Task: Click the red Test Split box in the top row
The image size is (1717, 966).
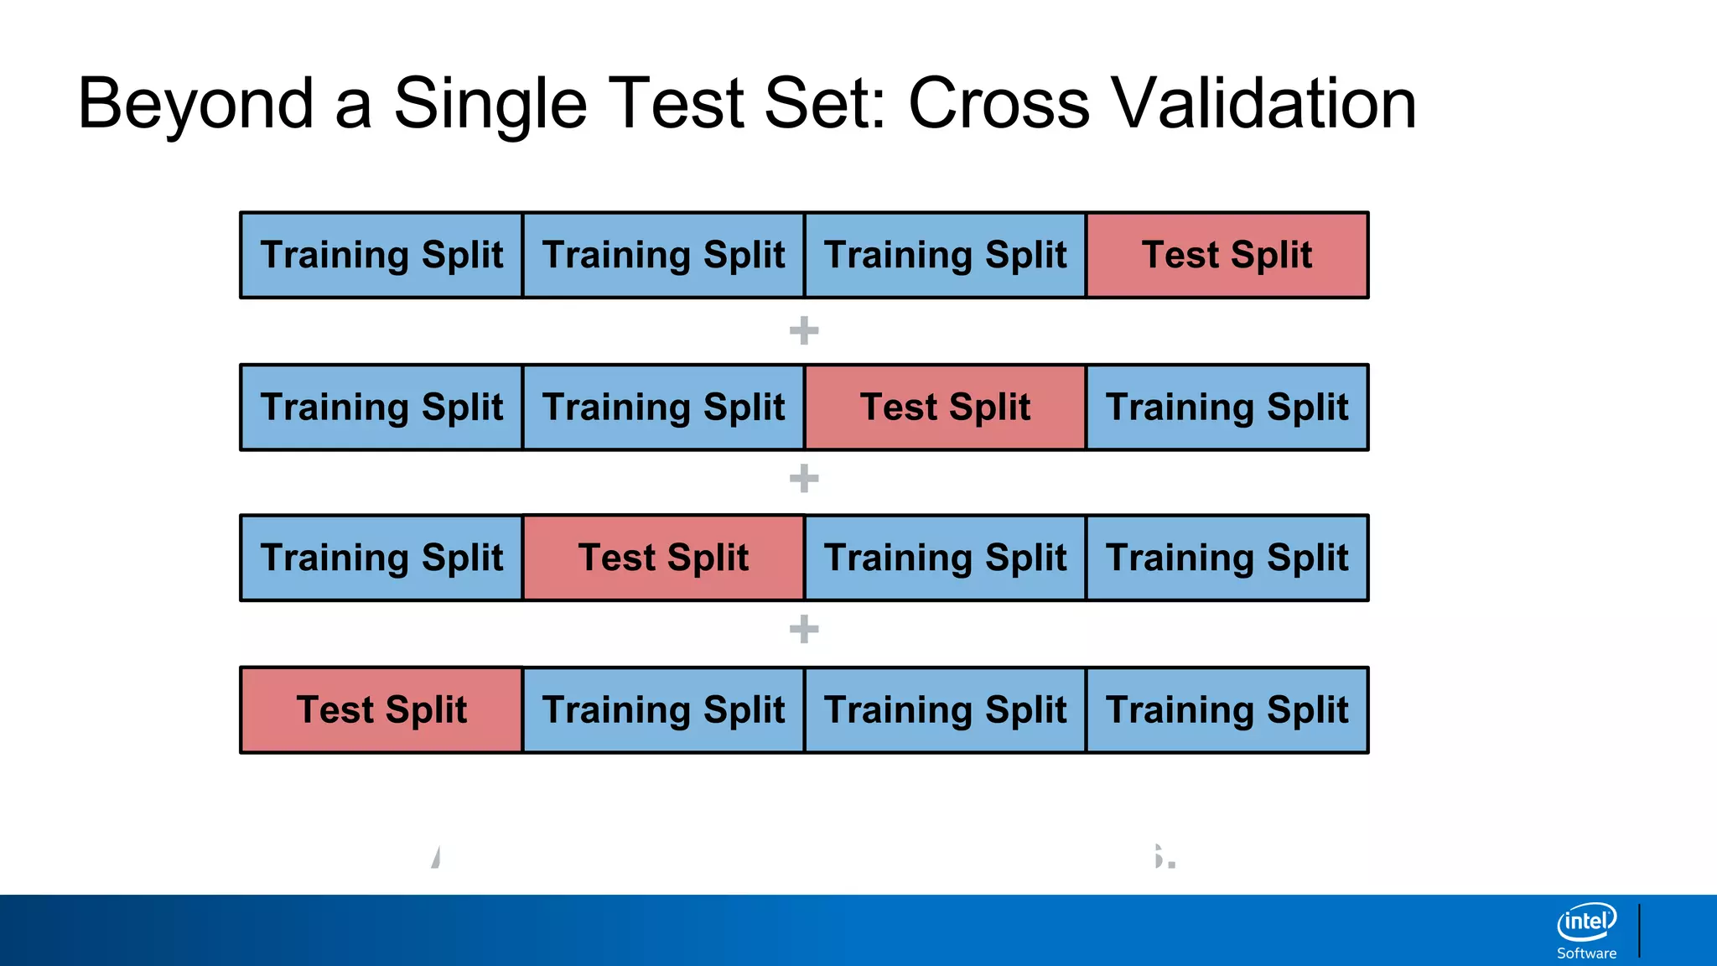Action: point(1227,255)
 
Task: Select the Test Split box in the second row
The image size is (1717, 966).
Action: point(945,408)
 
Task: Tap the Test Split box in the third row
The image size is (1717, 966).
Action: point(663,558)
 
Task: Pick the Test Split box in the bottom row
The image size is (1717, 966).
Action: point(381,710)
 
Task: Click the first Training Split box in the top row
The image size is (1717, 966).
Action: point(381,255)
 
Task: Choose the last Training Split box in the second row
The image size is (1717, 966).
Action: point(1227,408)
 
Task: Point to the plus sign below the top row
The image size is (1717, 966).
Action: point(804,330)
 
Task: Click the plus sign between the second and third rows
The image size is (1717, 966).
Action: point(804,479)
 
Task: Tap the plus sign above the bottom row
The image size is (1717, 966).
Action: point(804,629)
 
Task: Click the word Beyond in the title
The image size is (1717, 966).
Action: point(195,104)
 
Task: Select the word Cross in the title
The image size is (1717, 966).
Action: point(999,104)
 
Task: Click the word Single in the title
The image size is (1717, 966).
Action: point(490,104)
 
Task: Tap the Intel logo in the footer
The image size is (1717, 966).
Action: point(1586,922)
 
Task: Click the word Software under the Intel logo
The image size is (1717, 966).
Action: point(1586,953)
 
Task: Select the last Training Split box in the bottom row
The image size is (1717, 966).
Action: point(1227,710)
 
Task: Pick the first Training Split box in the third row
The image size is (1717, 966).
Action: point(381,558)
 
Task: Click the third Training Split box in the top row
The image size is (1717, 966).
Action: point(945,255)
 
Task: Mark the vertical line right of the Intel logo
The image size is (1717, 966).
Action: point(1639,930)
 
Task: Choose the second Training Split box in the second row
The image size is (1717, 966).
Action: point(663,408)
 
